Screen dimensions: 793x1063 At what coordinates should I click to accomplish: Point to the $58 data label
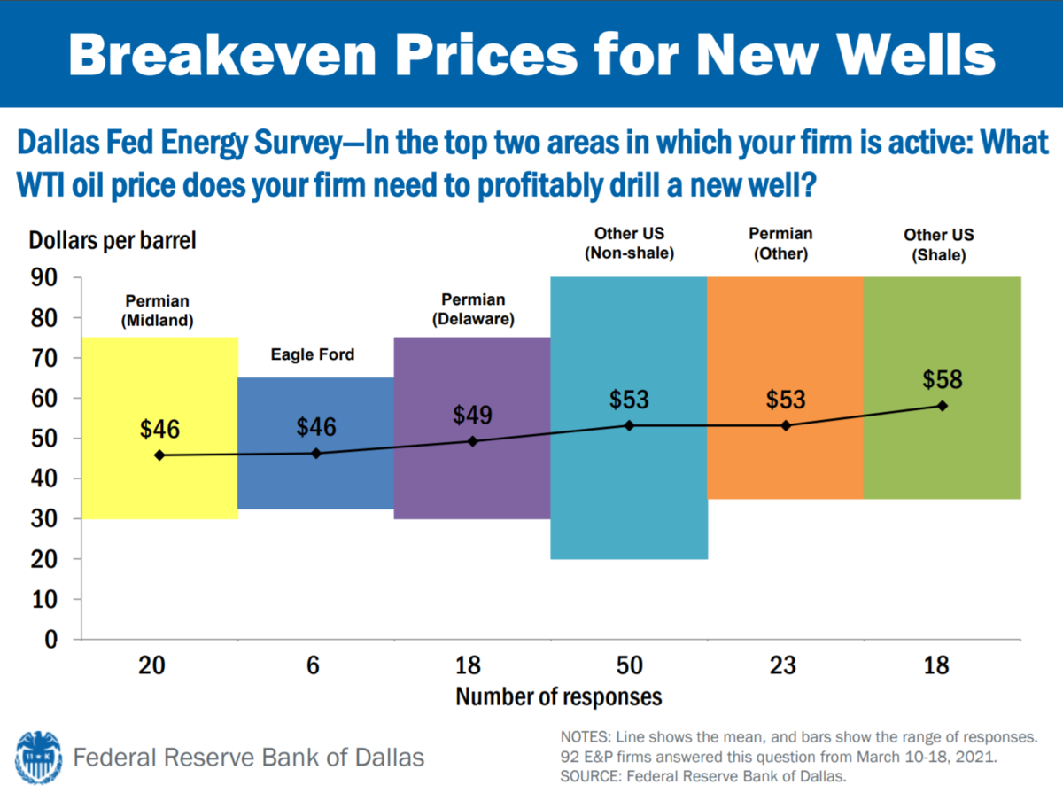943,379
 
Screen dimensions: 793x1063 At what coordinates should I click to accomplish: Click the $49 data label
473,415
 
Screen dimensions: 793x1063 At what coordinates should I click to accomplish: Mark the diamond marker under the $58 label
943,406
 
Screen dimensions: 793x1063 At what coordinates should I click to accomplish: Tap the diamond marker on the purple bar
472,441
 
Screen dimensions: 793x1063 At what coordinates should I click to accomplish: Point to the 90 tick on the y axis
45,278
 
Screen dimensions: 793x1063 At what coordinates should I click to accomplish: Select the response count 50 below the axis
629,665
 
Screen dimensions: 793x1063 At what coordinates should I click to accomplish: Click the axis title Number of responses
559,696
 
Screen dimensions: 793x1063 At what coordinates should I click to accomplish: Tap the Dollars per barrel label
112,240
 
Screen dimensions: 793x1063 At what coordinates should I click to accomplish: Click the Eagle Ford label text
312,354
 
